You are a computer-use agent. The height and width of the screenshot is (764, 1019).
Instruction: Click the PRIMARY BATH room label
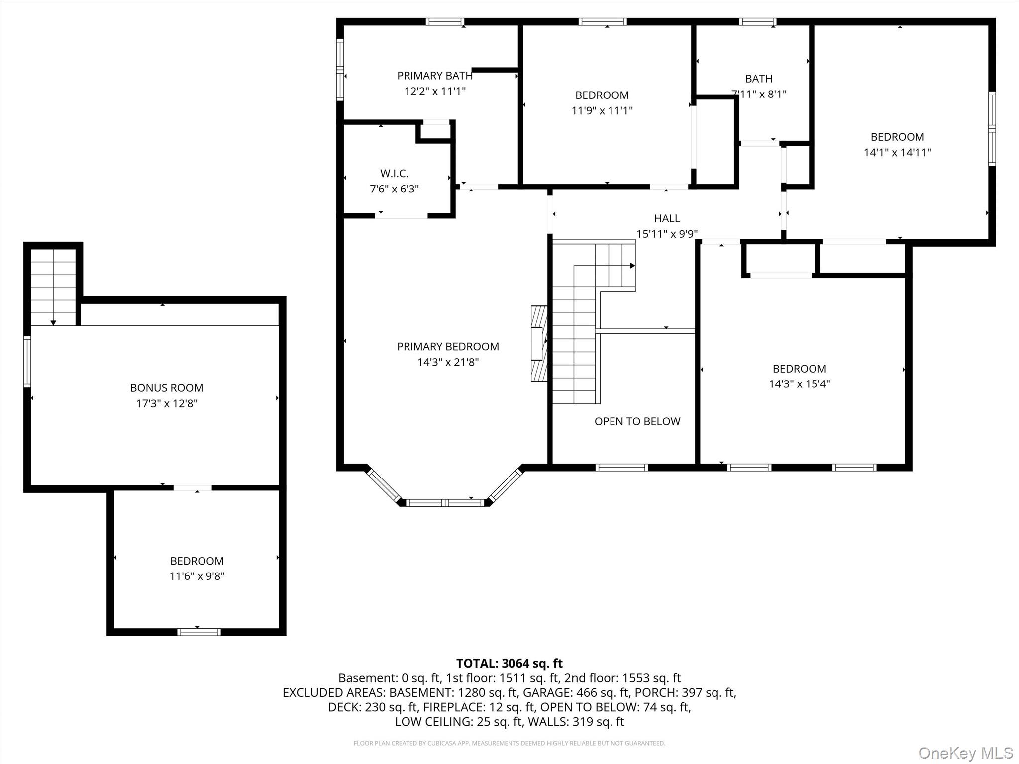coord(434,76)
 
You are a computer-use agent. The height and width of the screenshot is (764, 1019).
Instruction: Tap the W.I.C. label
coord(394,174)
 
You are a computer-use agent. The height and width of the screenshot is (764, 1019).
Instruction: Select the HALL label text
coord(667,218)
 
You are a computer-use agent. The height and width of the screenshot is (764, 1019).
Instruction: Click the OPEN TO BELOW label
coord(637,421)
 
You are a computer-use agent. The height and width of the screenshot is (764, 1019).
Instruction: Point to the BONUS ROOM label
coord(167,388)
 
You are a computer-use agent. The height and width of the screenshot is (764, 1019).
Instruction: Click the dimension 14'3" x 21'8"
coord(448,362)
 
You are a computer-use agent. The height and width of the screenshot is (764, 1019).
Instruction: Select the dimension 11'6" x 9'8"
coord(197,576)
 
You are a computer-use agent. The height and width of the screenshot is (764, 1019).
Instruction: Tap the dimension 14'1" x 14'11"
coord(897,153)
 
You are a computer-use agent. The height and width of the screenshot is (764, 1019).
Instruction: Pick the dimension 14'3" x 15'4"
coord(800,384)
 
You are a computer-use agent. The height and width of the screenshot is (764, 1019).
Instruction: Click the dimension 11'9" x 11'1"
coord(602,110)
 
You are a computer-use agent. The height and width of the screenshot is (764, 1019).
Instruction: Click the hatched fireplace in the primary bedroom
coord(539,344)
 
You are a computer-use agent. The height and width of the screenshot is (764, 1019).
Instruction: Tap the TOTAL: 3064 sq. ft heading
coord(509,663)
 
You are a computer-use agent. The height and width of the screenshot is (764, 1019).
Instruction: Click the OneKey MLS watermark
coord(966,753)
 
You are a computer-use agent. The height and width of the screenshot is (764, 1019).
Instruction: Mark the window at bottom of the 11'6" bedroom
coord(199,632)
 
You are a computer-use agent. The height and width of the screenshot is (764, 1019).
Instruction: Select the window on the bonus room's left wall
coord(27,362)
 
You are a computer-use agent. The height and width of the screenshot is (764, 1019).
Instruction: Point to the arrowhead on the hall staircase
coord(633,266)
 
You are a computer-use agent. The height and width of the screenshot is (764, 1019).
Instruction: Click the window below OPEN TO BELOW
coord(621,468)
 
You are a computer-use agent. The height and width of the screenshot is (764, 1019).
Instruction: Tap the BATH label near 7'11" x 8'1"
coord(759,79)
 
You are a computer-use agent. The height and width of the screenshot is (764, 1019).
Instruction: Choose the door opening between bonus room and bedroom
coord(193,488)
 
